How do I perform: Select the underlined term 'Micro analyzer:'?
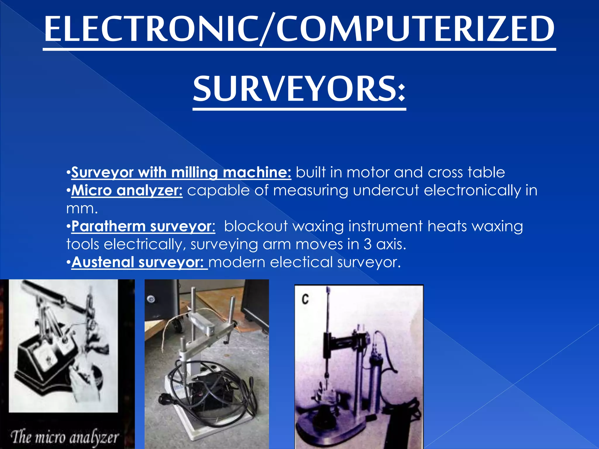(127, 191)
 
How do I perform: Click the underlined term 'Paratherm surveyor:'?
(143, 227)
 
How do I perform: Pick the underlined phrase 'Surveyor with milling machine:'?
(181, 173)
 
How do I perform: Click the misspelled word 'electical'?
(301, 262)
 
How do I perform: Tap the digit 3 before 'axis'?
(368, 244)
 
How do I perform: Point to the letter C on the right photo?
(305, 299)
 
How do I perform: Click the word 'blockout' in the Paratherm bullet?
(256, 227)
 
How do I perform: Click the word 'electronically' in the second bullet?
(472, 191)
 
